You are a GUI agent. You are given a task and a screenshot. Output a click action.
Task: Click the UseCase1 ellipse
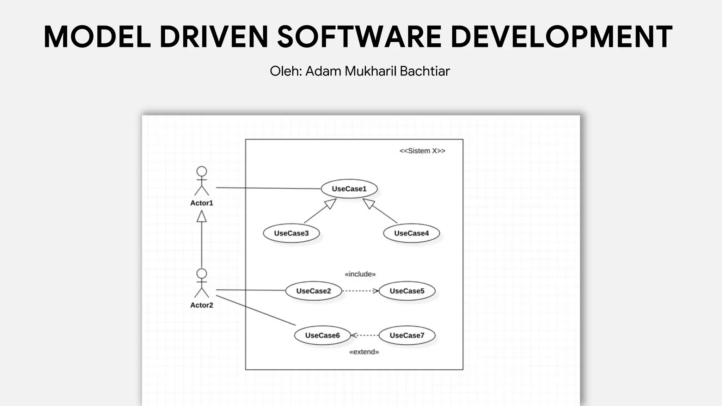[349, 189]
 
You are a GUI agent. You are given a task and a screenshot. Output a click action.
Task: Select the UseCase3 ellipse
[291, 233]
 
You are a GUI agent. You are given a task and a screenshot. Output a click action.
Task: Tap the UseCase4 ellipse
[411, 233]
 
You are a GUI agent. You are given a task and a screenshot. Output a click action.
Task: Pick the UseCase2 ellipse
[313, 291]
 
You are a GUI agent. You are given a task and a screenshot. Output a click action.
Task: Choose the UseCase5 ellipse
[407, 291]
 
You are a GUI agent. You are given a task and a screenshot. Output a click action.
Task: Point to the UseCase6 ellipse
[322, 335]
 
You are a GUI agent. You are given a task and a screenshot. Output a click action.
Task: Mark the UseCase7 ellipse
[407, 335]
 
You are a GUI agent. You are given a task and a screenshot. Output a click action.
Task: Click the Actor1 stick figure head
[202, 171]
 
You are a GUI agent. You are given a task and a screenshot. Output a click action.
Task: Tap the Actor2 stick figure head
[202, 273]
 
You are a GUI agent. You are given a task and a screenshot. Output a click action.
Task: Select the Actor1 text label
[202, 203]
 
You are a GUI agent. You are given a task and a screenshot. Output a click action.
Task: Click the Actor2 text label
[202, 305]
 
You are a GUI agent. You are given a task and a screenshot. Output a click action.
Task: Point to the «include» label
[360, 274]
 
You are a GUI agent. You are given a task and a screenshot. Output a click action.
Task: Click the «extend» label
[364, 352]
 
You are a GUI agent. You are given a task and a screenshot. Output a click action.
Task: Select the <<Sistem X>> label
[422, 151]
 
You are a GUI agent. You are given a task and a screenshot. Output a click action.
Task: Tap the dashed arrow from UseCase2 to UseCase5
[360, 291]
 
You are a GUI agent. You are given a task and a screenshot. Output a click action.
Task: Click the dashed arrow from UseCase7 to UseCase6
[365, 335]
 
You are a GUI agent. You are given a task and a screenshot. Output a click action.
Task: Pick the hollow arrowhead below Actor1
[202, 216]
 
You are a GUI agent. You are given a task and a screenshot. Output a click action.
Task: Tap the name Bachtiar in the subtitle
[425, 71]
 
